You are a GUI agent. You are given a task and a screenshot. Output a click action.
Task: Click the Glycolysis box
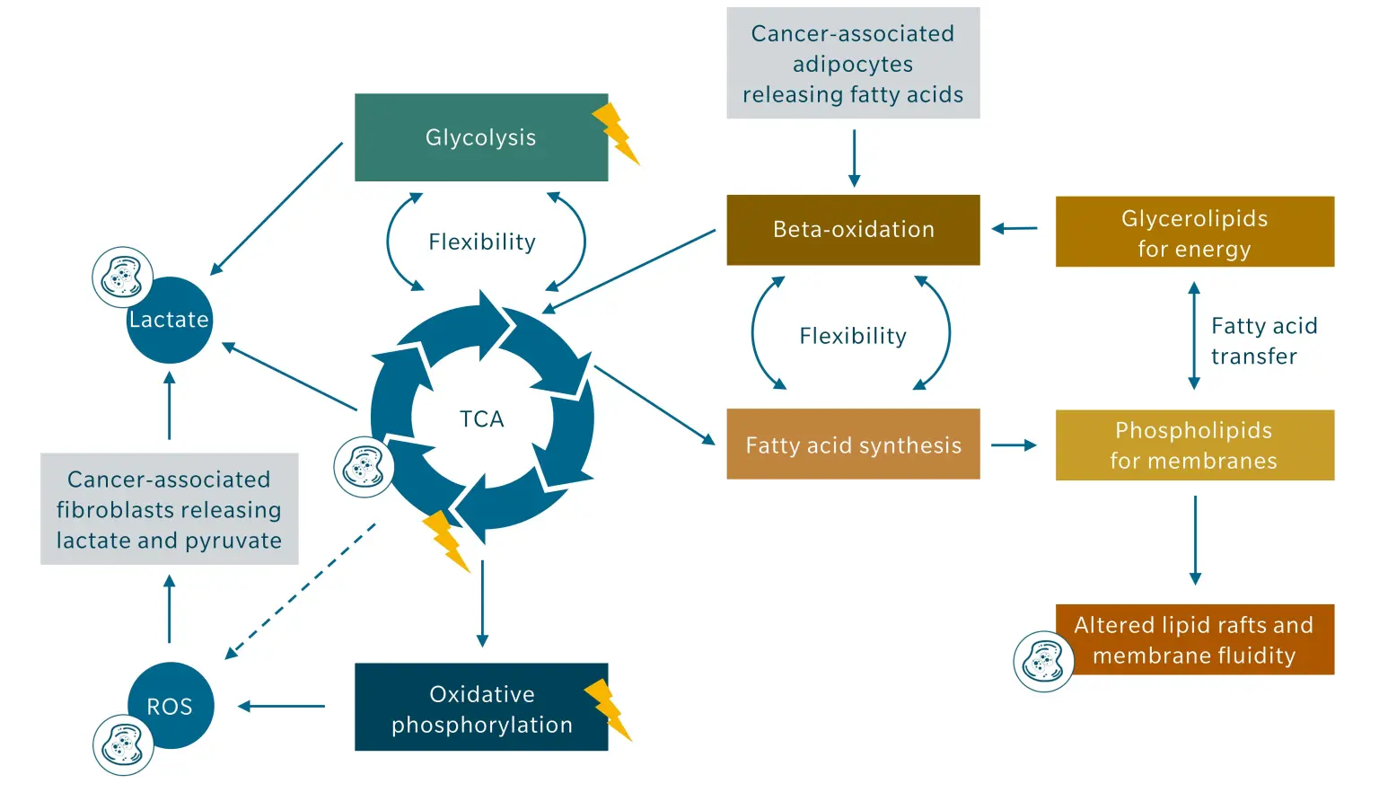pyautogui.click(x=480, y=137)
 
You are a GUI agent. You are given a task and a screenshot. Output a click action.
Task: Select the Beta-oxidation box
pyautogui.click(x=853, y=230)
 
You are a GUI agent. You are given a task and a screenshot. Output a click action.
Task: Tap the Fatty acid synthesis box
pyautogui.click(x=853, y=444)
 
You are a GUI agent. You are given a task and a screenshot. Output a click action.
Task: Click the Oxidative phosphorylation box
pyautogui.click(x=480, y=708)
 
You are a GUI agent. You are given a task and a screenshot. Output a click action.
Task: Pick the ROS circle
pyautogui.click(x=170, y=706)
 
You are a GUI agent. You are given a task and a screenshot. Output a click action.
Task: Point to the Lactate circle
pyautogui.click(x=170, y=320)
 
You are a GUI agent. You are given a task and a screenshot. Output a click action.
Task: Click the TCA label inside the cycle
pyautogui.click(x=482, y=419)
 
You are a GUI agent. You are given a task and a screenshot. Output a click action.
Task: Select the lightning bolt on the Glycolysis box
pyautogui.click(x=616, y=133)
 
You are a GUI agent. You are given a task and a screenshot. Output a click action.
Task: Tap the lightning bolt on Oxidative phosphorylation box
pyautogui.click(x=609, y=709)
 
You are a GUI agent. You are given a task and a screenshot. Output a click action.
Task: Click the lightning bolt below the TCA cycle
pyautogui.click(x=446, y=541)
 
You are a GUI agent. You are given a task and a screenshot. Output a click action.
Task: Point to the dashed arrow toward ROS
pyautogui.click(x=301, y=591)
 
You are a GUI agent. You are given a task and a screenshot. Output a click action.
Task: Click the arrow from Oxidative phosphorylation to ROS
pyautogui.click(x=282, y=707)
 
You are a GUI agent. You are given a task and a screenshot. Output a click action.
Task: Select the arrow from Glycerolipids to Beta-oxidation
pyautogui.click(x=1014, y=229)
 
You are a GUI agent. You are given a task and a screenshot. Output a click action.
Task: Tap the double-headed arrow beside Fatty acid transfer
pyautogui.click(x=1194, y=336)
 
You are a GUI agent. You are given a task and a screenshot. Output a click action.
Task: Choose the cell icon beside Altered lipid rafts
pyautogui.click(x=1043, y=662)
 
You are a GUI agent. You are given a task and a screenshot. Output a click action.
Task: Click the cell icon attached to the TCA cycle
pyautogui.click(x=364, y=467)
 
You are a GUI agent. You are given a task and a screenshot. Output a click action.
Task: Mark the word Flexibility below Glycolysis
pyautogui.click(x=482, y=242)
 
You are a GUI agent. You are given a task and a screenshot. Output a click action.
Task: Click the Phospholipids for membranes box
pyautogui.click(x=1194, y=445)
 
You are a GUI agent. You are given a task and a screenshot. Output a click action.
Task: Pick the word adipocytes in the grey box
pyautogui.click(x=853, y=65)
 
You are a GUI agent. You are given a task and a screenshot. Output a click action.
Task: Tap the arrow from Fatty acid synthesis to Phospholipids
pyautogui.click(x=1014, y=444)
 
